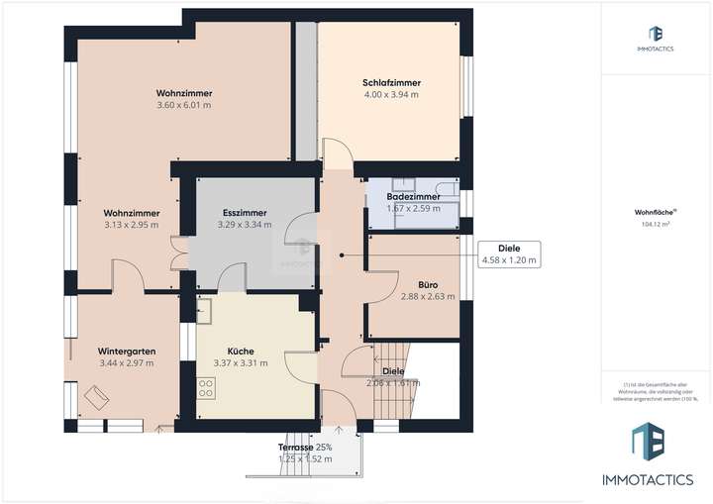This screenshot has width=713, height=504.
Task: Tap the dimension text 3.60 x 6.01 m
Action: coord(183,105)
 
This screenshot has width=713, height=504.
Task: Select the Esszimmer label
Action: coord(244,212)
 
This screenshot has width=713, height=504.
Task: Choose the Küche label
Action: coord(241,351)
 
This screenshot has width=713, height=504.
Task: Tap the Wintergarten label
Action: coord(122,352)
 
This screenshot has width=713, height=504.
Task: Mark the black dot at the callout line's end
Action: coord(342,254)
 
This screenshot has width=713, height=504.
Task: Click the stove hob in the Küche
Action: coord(207,386)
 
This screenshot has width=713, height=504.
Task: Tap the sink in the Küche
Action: coord(207,314)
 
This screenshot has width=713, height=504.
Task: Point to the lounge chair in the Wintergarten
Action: coord(98,397)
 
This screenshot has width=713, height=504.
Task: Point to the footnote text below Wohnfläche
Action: coord(655,391)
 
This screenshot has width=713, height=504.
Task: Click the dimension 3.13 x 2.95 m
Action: coord(132,225)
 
